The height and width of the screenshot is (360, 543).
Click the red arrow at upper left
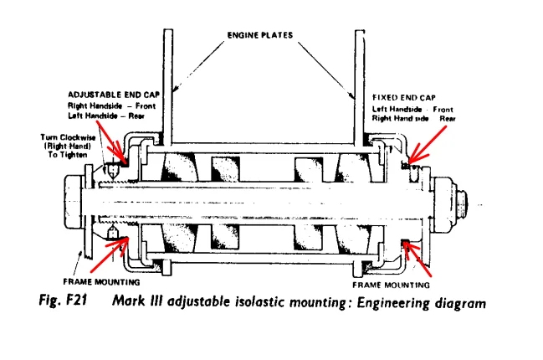click(x=116, y=151)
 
